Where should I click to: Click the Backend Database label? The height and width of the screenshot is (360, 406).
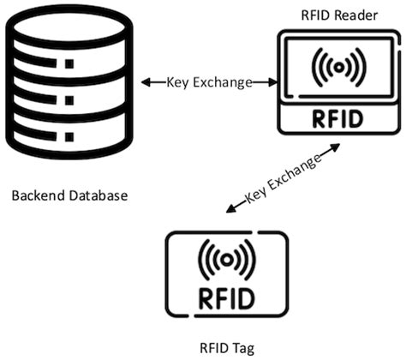pyautogui.click(x=69, y=195)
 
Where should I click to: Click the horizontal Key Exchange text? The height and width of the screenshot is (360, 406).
pyautogui.click(x=209, y=82)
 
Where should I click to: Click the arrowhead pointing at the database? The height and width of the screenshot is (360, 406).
pyautogui.click(x=146, y=82)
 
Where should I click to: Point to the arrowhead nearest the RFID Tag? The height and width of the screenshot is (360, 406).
pyautogui.click(x=229, y=208)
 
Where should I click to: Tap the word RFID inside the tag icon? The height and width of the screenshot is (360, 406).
pyautogui.click(x=226, y=299)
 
